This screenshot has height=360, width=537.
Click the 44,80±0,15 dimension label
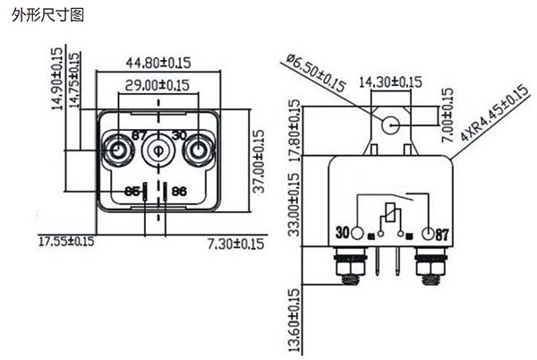(x=158, y=63)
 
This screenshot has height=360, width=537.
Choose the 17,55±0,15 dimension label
(x=65, y=241)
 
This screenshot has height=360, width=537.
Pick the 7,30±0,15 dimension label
(x=235, y=243)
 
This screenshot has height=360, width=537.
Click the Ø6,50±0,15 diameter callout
(x=315, y=73)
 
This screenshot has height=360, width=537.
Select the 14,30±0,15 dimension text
(x=390, y=82)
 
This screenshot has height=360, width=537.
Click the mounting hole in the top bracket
(x=390, y=124)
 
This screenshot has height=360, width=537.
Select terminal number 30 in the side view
(x=342, y=233)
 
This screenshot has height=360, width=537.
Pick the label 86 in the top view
(x=178, y=191)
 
